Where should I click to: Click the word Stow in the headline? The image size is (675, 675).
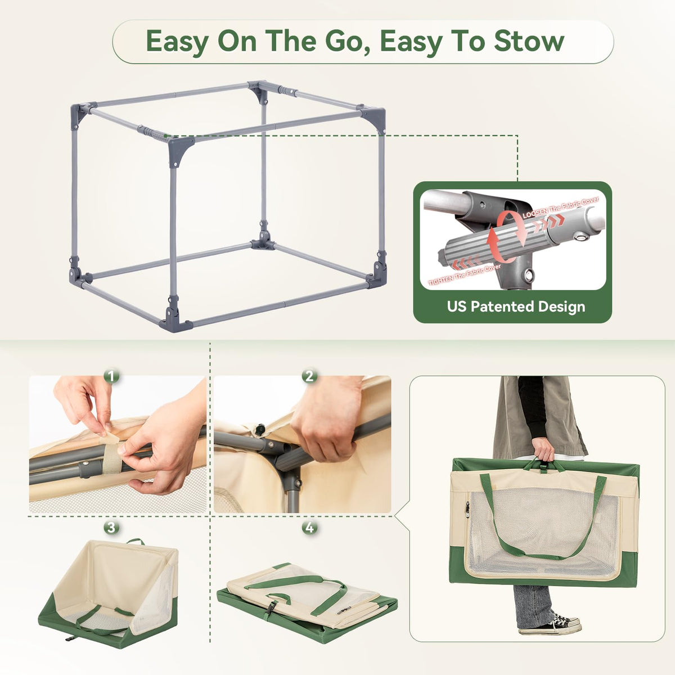coord(529,41)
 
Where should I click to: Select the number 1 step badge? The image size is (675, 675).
coord(111,377)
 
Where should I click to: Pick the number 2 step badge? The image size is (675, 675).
coord(309,376)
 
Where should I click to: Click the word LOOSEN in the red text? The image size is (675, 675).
coord(535,213)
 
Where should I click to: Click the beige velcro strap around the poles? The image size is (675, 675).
coord(112,455)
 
